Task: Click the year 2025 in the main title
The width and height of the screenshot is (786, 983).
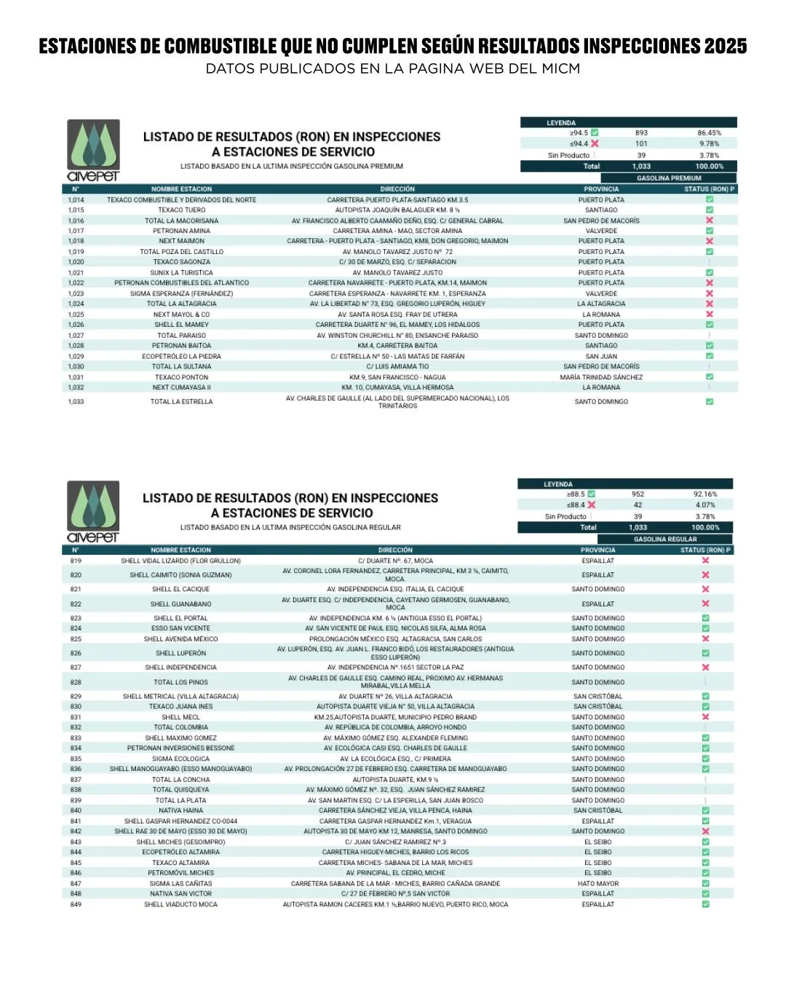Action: (725, 47)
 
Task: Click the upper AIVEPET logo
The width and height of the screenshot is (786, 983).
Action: (93, 150)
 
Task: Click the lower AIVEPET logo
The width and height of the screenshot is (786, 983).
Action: (93, 511)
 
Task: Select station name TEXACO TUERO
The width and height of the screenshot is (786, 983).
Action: (181, 210)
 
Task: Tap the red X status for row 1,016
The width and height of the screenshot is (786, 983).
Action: (710, 220)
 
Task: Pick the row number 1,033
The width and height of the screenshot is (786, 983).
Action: (76, 402)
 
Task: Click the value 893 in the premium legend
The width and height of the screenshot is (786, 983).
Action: (641, 133)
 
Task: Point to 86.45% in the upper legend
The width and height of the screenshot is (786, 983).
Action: (709, 133)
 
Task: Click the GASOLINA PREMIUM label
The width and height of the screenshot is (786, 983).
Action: (669, 178)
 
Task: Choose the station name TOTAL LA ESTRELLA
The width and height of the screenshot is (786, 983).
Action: (181, 402)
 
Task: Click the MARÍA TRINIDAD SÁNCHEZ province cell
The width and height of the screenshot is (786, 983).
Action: (601, 377)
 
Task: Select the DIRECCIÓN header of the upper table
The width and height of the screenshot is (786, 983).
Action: (397, 189)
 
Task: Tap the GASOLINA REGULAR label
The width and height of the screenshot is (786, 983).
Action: (665, 540)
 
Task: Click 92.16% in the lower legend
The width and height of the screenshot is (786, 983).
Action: (705, 494)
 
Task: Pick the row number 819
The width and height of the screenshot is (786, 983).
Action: (76, 561)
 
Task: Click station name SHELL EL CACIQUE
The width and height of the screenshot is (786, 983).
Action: (180, 589)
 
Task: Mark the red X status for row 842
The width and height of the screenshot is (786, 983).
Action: (705, 831)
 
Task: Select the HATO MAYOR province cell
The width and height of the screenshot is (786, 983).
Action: (598, 883)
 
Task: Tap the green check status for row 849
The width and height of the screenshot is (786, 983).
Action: (705, 904)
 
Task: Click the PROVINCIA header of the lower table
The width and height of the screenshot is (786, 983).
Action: (598, 550)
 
